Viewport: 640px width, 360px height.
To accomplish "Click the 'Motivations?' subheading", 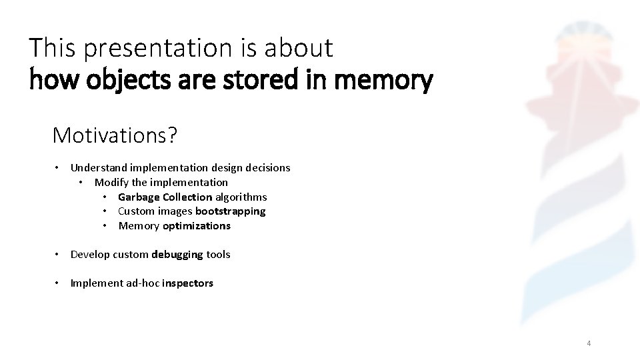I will (x=115, y=136).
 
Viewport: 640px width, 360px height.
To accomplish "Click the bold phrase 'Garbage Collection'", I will (x=165, y=197).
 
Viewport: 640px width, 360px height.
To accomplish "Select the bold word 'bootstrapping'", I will (x=230, y=211).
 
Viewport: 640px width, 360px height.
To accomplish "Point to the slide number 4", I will (x=589, y=343).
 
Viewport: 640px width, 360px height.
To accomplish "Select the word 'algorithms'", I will (x=241, y=197).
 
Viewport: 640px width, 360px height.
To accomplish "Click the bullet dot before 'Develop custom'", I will (x=59, y=254).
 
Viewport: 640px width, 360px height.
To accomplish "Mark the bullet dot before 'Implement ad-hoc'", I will (x=59, y=283).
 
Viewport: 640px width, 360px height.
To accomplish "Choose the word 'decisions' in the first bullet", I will (x=267, y=168).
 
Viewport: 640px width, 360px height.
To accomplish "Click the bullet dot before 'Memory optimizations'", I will (x=106, y=226).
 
